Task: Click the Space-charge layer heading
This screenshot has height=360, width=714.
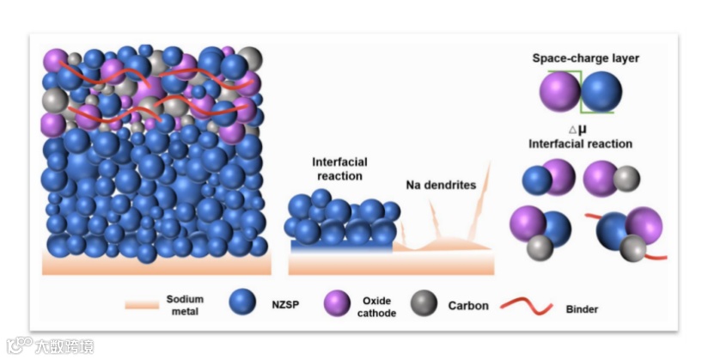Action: coord(586,58)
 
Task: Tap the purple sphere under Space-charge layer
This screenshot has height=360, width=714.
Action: coord(560,92)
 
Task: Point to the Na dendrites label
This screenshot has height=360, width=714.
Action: coord(439,184)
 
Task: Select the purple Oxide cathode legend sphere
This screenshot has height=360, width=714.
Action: coord(337,302)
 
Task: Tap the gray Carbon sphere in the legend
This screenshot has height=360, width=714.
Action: coord(422,302)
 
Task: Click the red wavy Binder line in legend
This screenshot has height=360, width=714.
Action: coord(516,305)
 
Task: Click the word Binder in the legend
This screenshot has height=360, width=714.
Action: coord(582,308)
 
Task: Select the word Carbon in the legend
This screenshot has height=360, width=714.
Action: coord(468,305)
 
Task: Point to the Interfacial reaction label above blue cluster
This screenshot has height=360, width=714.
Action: coord(337,168)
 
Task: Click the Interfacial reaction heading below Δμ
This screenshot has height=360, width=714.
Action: coord(580,143)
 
